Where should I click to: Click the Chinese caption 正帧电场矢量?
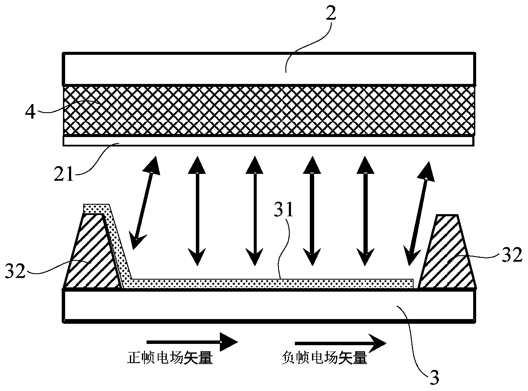(x=170, y=358)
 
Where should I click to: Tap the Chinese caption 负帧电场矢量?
(x=325, y=358)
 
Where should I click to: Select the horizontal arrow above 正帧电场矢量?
(x=192, y=342)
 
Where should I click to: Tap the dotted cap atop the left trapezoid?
(x=96, y=209)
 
